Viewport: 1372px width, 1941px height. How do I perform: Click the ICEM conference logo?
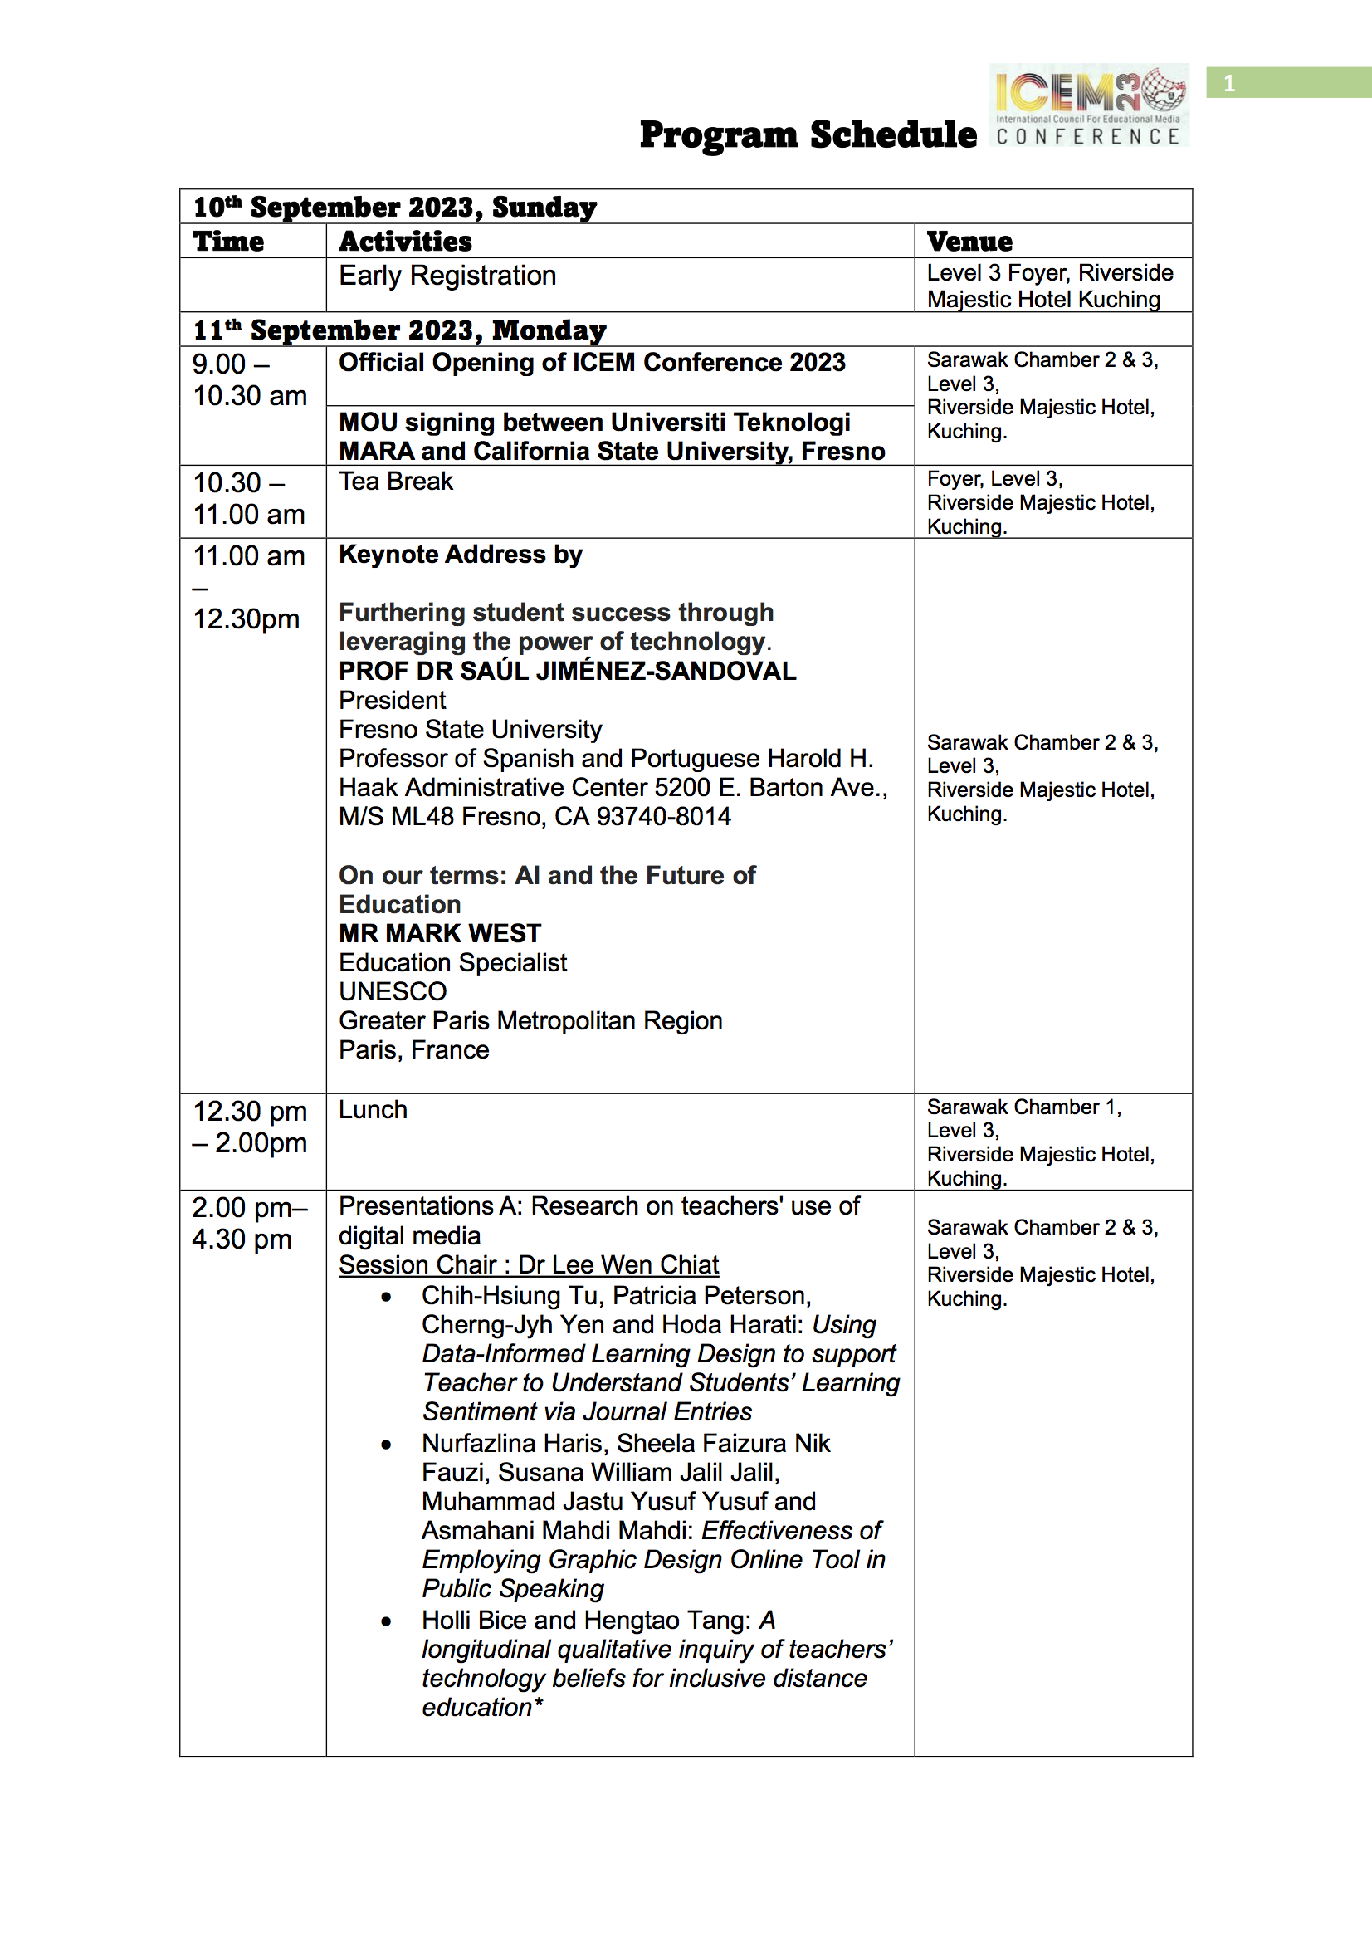point(1089,105)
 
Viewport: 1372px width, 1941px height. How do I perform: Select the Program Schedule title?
point(808,134)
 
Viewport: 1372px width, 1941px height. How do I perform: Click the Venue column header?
point(969,242)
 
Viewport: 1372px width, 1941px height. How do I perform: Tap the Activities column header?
point(405,242)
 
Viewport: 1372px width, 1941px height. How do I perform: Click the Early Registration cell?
point(447,276)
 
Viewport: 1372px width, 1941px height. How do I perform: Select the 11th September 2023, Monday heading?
point(399,330)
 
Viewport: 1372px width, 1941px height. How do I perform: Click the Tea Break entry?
point(396,481)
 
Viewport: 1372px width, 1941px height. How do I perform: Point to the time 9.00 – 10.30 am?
point(249,379)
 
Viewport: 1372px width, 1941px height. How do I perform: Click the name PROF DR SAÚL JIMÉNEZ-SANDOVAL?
point(567,672)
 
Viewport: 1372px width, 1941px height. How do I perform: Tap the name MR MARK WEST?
point(440,933)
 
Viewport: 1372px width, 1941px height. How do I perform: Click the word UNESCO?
point(393,991)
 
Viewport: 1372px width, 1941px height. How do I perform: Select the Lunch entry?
point(373,1110)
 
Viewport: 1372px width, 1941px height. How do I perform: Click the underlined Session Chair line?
point(529,1264)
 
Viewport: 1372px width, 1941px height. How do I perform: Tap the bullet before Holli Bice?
point(386,1621)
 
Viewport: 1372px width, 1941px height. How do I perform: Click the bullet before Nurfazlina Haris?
point(386,1445)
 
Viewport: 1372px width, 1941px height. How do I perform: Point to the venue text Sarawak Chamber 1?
point(1023,1107)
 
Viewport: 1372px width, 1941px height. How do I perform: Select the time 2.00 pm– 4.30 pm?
point(249,1223)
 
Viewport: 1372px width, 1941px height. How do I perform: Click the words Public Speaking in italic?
point(513,1588)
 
